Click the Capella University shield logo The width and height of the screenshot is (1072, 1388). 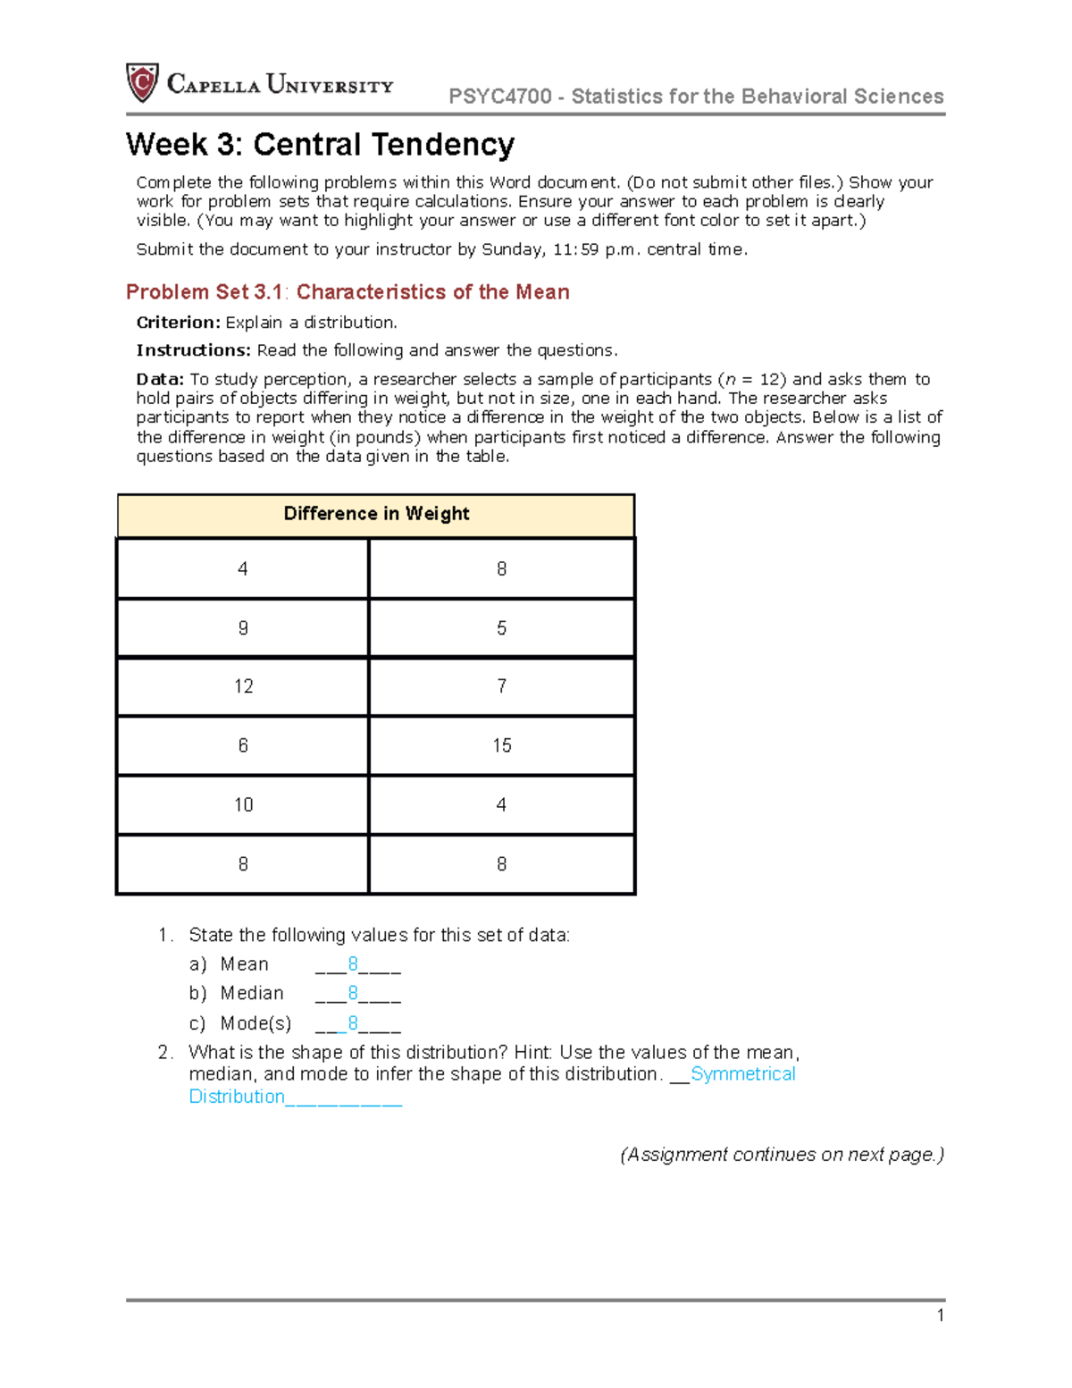coord(142,83)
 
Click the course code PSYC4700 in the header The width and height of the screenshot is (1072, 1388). coord(499,97)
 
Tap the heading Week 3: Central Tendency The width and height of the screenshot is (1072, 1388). coord(320,145)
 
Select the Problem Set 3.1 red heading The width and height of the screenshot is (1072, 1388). coord(348,292)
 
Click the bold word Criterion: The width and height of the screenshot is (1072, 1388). coord(178,323)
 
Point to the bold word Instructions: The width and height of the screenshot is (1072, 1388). coord(193,350)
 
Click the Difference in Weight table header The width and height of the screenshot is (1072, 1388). coord(376,514)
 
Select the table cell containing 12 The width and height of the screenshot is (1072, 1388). coord(243,686)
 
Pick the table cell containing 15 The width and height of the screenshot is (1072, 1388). coord(501,745)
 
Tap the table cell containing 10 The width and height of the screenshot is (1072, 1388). coord(243,805)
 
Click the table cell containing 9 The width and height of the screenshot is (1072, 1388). coord(243,628)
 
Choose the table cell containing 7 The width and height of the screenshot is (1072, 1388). coord(501,686)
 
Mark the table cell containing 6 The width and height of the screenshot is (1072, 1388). coord(243,745)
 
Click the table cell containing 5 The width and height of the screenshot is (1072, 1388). coord(501,628)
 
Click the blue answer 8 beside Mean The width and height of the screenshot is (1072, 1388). coord(353,964)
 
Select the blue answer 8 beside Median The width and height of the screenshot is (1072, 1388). coord(353,994)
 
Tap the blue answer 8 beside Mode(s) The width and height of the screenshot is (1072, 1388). coord(353,1023)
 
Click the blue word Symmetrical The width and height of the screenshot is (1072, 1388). coord(742,1074)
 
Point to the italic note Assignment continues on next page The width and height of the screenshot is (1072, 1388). coord(782,1155)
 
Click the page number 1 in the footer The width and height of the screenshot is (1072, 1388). coord(940,1315)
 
